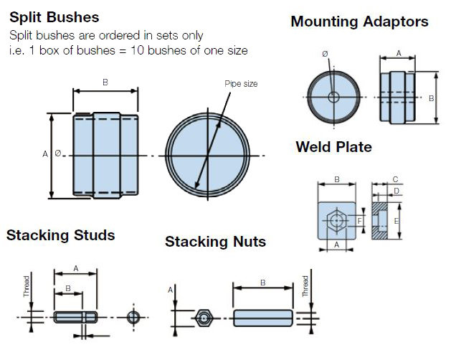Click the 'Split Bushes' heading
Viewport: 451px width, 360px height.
(54, 16)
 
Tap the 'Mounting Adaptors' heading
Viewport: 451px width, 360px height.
(359, 22)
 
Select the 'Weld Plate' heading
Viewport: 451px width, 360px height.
(333, 147)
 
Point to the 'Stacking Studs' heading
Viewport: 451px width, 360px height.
(60, 235)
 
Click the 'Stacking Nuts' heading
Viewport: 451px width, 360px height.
(215, 242)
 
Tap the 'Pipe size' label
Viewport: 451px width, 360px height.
(241, 84)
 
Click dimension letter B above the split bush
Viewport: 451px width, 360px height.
(105, 82)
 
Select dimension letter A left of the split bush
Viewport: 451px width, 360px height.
(45, 153)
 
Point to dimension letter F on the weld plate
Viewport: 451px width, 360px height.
(359, 221)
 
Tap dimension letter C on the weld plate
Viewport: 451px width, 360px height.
(397, 179)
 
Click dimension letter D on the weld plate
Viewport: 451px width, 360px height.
(397, 191)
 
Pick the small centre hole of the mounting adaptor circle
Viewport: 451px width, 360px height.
(332, 98)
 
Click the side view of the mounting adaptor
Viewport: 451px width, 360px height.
(396, 98)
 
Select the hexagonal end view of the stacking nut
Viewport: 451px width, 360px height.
(204, 316)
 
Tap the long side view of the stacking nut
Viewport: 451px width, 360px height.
(262, 317)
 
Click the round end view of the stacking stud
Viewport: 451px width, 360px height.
(133, 316)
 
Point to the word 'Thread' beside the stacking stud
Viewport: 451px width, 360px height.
(27, 287)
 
